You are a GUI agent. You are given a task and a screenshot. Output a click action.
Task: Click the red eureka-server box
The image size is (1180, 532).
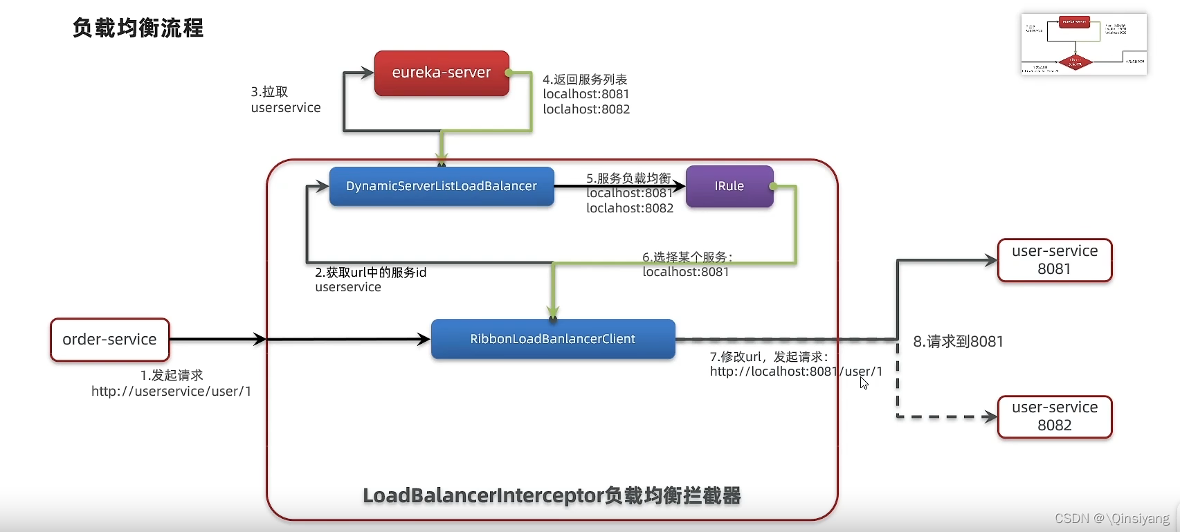pyautogui.click(x=441, y=73)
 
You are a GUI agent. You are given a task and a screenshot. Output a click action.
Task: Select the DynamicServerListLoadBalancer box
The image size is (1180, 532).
pyautogui.click(x=441, y=186)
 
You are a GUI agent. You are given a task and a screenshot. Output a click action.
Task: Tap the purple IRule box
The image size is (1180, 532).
pyautogui.click(x=729, y=186)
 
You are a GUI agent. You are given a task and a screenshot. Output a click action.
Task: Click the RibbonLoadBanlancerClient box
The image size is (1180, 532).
pyautogui.click(x=552, y=339)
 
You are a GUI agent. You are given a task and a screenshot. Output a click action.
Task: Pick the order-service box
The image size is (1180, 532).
pyautogui.click(x=109, y=340)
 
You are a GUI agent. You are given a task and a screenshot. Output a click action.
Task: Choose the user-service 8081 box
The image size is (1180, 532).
pyautogui.click(x=1054, y=260)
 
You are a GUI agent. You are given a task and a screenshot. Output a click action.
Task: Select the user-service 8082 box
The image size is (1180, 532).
pyautogui.click(x=1054, y=416)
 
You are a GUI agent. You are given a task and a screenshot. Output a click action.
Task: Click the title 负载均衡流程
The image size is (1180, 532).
pyautogui.click(x=138, y=28)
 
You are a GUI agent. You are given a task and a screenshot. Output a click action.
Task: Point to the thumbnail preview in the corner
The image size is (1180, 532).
pyautogui.click(x=1083, y=44)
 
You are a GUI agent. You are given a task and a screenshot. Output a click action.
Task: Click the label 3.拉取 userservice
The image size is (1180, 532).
pyautogui.click(x=285, y=100)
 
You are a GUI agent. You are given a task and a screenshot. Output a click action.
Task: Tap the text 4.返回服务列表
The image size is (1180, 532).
pyautogui.click(x=585, y=80)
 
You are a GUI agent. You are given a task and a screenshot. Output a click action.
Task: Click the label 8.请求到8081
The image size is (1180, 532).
pyautogui.click(x=958, y=342)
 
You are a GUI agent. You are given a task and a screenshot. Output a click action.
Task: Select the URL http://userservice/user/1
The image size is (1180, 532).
pyautogui.click(x=171, y=392)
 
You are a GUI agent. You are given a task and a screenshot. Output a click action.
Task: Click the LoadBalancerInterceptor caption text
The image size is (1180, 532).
pyautogui.click(x=552, y=495)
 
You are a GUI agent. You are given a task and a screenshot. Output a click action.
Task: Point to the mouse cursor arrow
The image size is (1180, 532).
pyautogui.click(x=864, y=383)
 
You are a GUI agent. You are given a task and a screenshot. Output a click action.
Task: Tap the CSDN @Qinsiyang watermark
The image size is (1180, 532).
pyautogui.click(x=1111, y=518)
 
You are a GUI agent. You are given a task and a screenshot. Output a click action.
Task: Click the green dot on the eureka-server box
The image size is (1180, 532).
pyautogui.click(x=509, y=73)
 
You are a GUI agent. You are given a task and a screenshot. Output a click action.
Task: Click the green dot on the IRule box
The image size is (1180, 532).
pyautogui.click(x=772, y=186)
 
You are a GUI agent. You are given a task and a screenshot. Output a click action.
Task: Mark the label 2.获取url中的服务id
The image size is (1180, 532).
pyautogui.click(x=370, y=273)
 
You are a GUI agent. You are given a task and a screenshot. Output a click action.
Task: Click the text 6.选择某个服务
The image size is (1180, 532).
pyautogui.click(x=687, y=257)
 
